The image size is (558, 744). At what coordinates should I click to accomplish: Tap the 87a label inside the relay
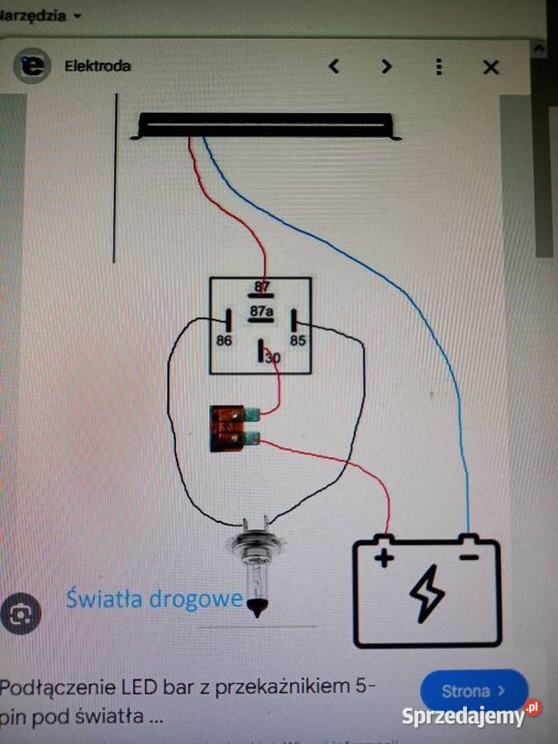tap(261, 312)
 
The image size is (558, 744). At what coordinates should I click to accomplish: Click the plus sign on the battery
tap(384, 559)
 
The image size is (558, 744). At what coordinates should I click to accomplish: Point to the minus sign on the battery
tap(468, 558)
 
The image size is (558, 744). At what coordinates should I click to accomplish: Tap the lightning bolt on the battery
tap(427, 594)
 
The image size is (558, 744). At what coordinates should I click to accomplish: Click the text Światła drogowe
tap(155, 598)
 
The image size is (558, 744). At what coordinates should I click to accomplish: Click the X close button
tap(491, 67)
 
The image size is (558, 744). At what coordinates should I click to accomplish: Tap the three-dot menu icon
tap(439, 67)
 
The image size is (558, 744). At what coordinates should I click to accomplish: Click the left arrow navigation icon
tap(334, 66)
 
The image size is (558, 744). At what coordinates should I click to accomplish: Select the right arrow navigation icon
tap(386, 66)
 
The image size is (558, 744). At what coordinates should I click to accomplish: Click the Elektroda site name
tap(98, 66)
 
